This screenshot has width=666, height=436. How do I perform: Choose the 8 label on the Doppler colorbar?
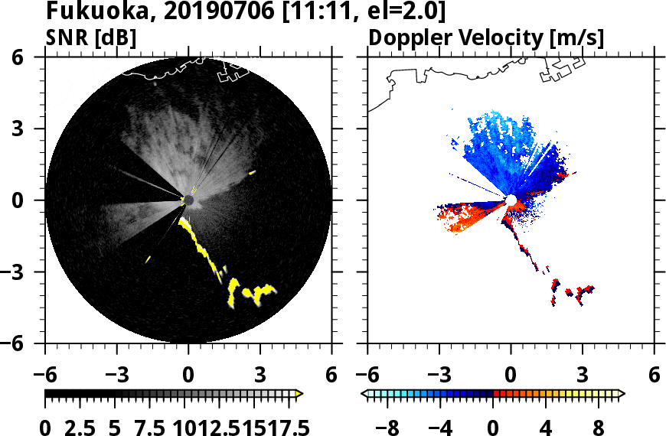point(599,426)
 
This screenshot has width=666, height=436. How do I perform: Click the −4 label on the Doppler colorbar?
point(442,426)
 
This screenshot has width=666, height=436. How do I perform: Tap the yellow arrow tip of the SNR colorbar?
point(299,394)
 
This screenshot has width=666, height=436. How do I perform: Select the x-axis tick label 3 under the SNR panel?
point(260,376)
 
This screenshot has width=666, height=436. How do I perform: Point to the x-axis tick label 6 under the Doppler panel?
point(654,376)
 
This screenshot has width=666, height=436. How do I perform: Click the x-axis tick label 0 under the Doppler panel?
point(511,376)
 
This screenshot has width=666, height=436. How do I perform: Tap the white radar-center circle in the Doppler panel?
point(511,200)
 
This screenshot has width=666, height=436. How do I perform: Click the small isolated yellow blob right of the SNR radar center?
point(251,174)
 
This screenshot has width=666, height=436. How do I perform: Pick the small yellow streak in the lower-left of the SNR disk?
point(148,259)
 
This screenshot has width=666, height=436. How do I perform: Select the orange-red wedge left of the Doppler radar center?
point(463,217)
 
